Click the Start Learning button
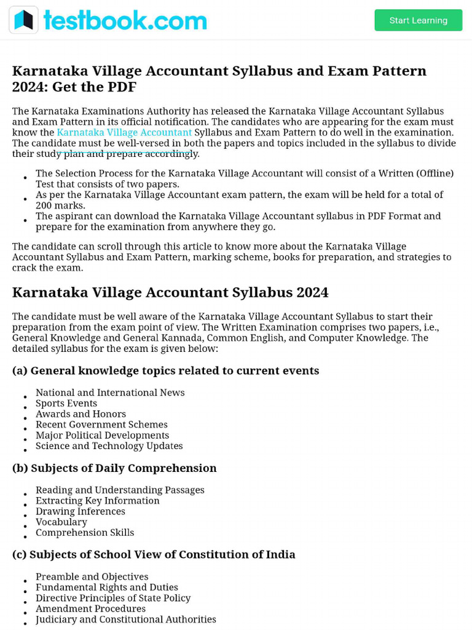point(418,20)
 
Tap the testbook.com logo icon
point(24,20)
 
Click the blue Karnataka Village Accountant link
point(124,132)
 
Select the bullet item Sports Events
point(66,404)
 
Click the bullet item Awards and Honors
point(81,414)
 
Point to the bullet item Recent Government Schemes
point(101,425)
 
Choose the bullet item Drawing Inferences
point(80,511)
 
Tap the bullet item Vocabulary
point(61,522)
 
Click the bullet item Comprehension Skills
point(85,533)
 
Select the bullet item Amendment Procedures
point(90,608)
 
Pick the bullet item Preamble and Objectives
point(92,576)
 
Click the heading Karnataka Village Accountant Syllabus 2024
point(170,292)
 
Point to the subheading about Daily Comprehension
point(114,468)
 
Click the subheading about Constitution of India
point(154,554)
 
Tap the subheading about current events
point(165,370)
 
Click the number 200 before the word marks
point(44,205)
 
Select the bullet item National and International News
point(110,393)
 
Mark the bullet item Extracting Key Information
point(98,501)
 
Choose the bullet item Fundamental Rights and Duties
point(107,588)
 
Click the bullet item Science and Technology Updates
point(109,446)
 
